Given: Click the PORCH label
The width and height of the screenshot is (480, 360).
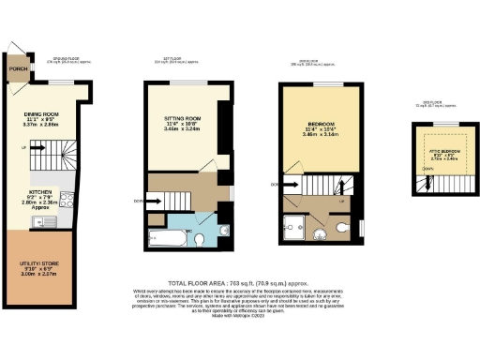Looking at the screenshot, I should (15, 68).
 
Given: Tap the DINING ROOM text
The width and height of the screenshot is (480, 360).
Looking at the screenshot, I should (41, 112).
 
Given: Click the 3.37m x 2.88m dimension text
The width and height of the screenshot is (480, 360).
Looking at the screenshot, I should (41, 125).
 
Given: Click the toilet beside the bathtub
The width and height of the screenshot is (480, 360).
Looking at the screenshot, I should (200, 240).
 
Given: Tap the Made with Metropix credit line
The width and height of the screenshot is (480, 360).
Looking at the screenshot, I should (239, 316).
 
